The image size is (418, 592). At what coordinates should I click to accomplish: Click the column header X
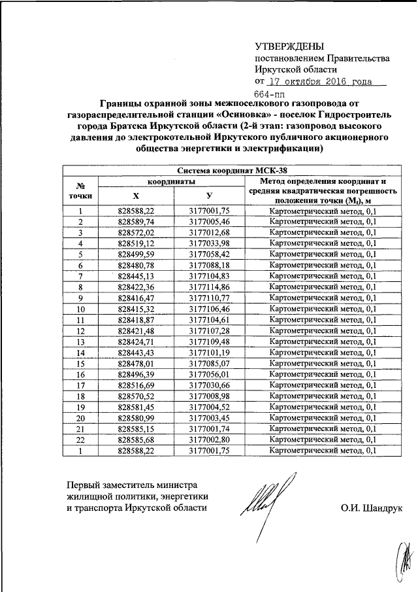click(136, 196)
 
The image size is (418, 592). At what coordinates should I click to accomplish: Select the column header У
click(209, 196)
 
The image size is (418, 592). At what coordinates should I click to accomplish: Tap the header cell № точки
click(80, 190)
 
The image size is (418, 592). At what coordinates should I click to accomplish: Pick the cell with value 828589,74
click(136, 222)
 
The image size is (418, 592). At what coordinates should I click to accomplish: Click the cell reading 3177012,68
click(209, 232)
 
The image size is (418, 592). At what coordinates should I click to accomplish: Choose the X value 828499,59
click(136, 254)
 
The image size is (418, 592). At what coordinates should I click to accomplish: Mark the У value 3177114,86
click(209, 287)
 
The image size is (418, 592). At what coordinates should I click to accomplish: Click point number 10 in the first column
click(80, 309)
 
